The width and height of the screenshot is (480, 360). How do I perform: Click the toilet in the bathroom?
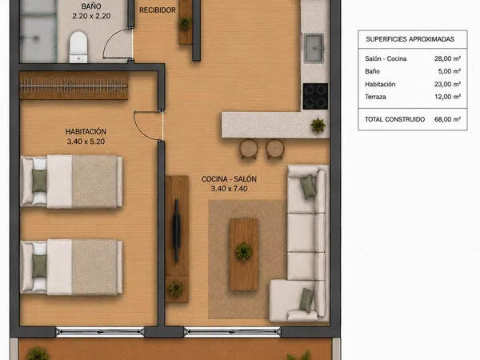click(x=78, y=47)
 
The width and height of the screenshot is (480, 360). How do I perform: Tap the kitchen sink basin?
click(x=314, y=48)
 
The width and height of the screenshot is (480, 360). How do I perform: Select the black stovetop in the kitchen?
click(x=315, y=96)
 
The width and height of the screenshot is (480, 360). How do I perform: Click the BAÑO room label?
click(x=91, y=6)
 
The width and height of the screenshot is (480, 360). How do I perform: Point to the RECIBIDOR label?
click(x=158, y=10)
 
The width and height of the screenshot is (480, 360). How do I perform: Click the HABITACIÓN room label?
click(x=86, y=132)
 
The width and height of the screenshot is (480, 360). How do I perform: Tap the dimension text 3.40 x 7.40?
click(x=230, y=189)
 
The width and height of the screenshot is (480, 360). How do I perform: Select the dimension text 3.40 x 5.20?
click(x=86, y=142)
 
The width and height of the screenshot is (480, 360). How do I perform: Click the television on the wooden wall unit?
click(x=176, y=231)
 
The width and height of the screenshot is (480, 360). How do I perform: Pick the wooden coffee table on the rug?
click(x=244, y=254)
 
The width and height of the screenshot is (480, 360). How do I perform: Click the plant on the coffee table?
click(x=244, y=251)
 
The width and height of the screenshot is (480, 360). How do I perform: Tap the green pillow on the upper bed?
click(x=39, y=181)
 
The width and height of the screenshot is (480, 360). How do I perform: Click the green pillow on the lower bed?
click(x=39, y=266)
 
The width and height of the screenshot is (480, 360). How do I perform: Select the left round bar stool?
click(x=249, y=149)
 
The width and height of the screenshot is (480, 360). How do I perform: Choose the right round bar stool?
click(x=275, y=149)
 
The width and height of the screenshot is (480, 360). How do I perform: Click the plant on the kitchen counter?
click(x=318, y=126)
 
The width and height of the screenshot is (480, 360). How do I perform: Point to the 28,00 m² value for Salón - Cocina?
click(x=447, y=58)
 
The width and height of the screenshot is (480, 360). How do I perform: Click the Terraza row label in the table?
click(x=375, y=97)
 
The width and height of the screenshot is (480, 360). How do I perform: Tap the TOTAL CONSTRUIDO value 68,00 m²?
click(x=447, y=119)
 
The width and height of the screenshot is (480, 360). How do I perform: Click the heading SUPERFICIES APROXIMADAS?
click(x=410, y=39)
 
